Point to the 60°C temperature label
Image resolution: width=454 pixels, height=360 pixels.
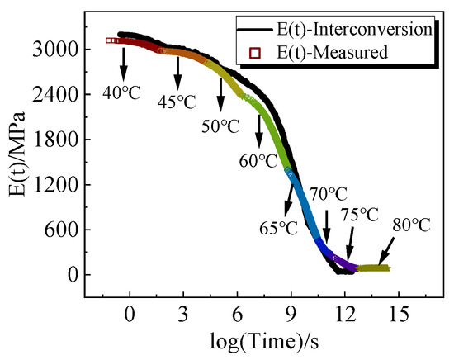[x=258, y=159]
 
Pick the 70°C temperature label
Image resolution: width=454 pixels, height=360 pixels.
[x=327, y=195]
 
